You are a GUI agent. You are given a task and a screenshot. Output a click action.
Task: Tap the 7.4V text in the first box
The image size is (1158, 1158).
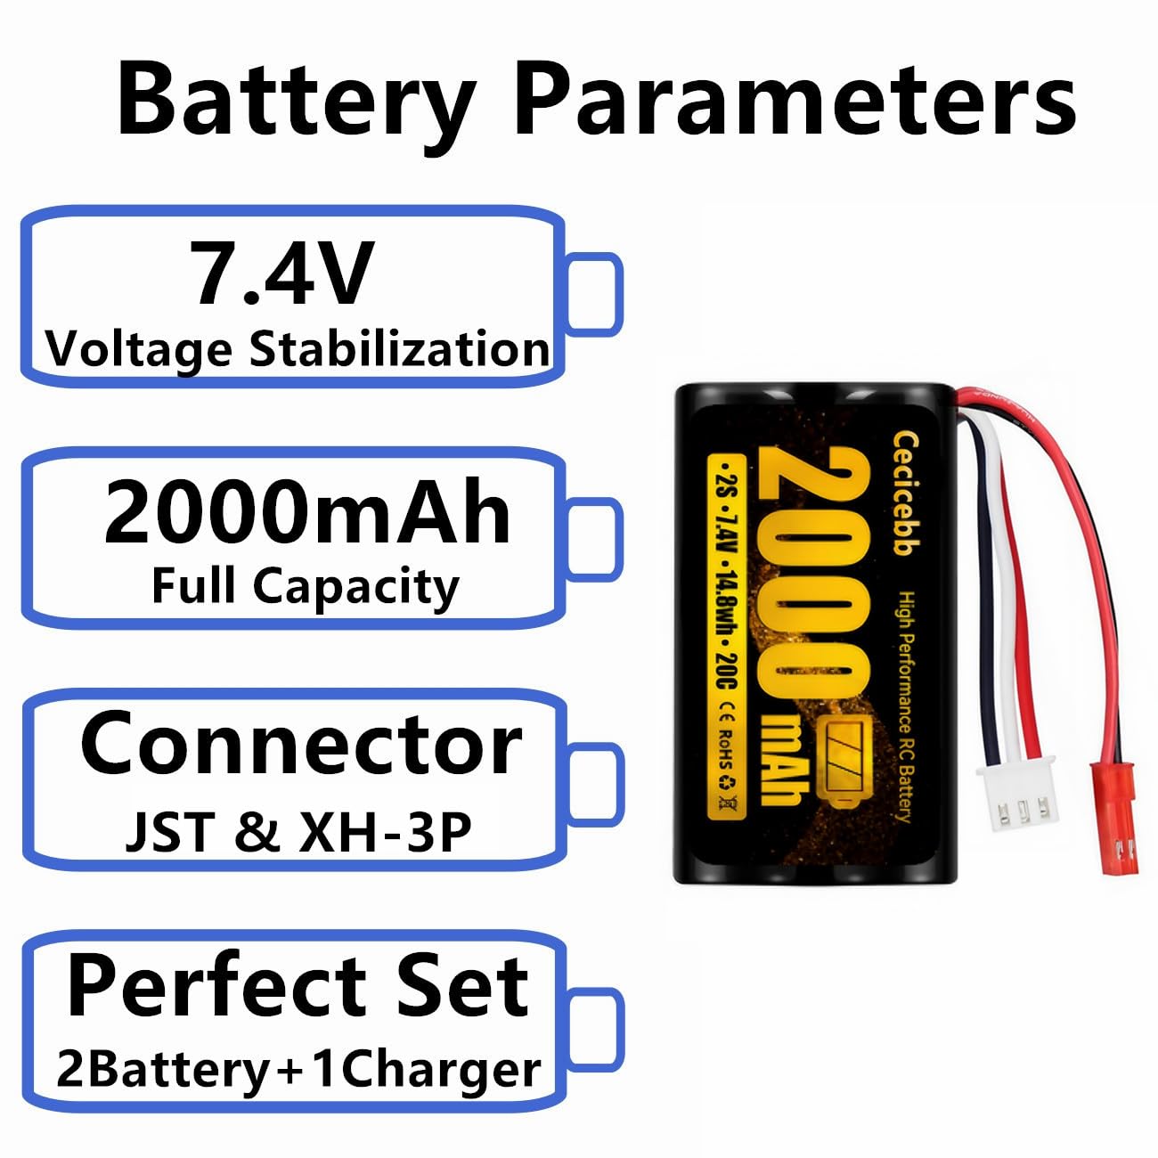(x=281, y=273)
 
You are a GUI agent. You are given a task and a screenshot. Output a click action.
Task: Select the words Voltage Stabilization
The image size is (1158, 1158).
(x=298, y=348)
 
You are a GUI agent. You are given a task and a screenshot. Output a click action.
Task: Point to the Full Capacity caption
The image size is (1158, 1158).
(x=306, y=586)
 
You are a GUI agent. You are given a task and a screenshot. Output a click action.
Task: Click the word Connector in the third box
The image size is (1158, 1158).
(x=301, y=745)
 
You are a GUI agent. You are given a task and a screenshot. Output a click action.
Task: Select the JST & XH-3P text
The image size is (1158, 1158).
(x=298, y=831)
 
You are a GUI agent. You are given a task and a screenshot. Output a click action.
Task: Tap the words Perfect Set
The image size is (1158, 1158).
(x=298, y=985)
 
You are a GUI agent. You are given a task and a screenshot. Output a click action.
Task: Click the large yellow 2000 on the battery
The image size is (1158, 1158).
(x=813, y=570)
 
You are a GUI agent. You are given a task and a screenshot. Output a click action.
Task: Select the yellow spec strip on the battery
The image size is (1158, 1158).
(x=727, y=637)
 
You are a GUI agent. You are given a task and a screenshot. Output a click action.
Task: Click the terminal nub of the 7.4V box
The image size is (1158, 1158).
(x=592, y=294)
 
